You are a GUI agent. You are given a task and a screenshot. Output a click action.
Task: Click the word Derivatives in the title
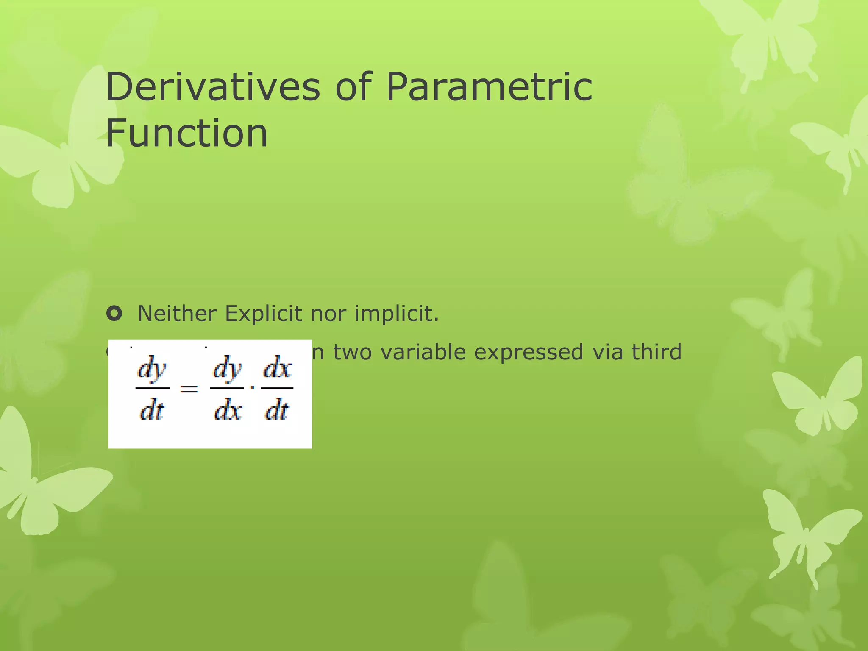point(213,87)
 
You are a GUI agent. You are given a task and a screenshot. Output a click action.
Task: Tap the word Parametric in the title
point(489,87)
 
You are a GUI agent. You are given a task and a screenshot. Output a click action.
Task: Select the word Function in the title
point(186,133)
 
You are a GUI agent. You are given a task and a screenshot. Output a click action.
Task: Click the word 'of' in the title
point(353,87)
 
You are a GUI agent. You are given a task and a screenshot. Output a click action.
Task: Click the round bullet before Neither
point(114,314)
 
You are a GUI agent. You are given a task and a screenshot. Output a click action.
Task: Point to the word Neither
point(178,314)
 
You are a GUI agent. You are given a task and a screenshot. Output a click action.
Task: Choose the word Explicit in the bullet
point(264,314)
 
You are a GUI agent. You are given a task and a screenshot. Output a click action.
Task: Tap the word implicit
point(397,314)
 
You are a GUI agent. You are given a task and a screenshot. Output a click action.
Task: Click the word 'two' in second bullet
point(353,352)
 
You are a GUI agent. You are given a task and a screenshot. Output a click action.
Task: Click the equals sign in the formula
point(189,388)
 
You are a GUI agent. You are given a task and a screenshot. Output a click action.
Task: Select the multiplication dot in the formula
point(253,387)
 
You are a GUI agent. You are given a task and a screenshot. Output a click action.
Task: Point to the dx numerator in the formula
point(278,368)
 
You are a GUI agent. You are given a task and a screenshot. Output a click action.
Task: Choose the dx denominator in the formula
point(228,410)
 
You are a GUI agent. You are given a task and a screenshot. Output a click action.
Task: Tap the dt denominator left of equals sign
point(152,410)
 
